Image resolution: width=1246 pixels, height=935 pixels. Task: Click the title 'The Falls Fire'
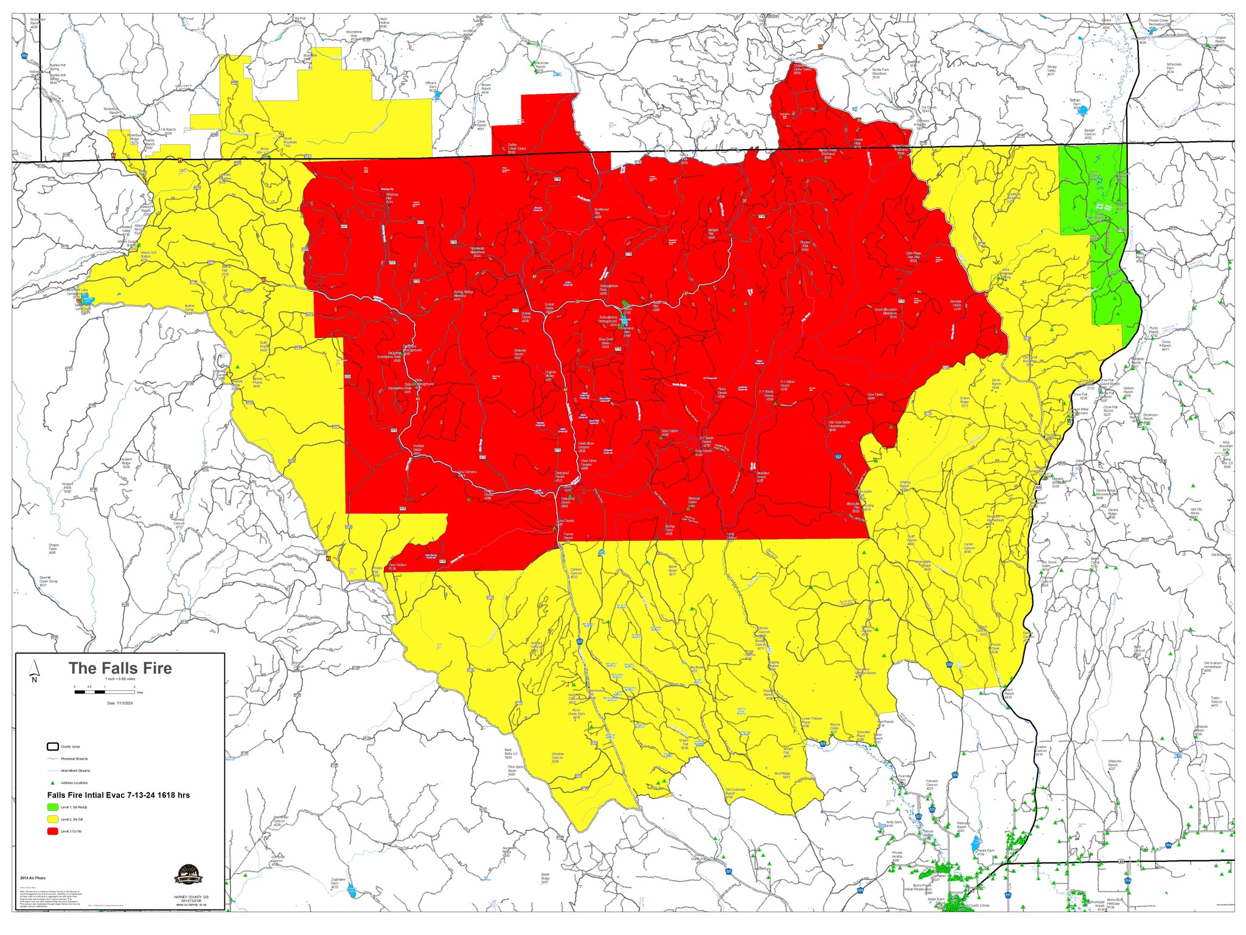(x=120, y=668)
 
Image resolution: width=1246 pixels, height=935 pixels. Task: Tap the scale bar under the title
(x=105, y=692)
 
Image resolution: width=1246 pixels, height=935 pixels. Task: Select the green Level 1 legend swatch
(x=53, y=807)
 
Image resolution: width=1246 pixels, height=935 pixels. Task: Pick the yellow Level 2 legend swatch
(x=53, y=819)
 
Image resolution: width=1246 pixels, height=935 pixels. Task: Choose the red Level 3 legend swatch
(x=53, y=832)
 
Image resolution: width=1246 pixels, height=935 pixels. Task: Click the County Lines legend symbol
(x=53, y=746)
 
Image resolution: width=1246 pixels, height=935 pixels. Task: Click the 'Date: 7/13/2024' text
(x=120, y=703)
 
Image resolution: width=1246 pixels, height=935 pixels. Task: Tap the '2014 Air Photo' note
(x=33, y=878)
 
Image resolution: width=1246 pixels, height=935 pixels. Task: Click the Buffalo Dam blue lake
(x=1088, y=111)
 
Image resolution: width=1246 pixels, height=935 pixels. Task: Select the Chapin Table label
(x=52, y=548)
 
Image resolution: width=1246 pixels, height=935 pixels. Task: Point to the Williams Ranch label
(x=1114, y=765)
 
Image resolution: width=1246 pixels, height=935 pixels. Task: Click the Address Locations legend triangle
(x=53, y=783)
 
